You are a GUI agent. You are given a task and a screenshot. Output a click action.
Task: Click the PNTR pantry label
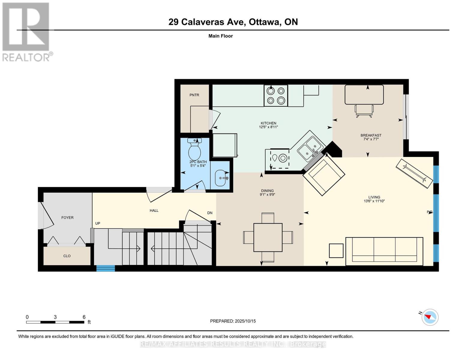194,95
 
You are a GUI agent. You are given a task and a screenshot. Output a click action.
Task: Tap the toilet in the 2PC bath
194,149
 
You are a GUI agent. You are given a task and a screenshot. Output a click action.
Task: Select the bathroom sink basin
221,178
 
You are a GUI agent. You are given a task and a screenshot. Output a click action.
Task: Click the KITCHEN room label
268,123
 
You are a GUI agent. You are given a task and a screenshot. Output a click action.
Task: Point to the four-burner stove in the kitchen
275,95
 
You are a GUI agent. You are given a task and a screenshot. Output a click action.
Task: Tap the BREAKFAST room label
371,135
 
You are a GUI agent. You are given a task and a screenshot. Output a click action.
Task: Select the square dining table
268,237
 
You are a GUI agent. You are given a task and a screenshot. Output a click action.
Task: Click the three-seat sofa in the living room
384,251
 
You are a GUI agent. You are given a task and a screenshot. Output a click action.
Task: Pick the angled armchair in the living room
323,175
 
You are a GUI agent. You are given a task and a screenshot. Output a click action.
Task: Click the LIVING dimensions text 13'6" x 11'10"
374,201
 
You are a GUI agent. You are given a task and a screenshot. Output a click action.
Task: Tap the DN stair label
210,213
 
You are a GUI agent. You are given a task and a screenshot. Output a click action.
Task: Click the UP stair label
98,223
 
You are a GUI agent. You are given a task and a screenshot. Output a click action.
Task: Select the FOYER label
67,217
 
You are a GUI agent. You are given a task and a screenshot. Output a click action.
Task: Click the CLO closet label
67,256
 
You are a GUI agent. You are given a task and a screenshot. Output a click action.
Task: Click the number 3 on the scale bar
55,317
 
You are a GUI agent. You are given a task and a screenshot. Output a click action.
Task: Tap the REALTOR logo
27,32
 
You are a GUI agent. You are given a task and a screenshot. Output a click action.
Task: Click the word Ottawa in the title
265,22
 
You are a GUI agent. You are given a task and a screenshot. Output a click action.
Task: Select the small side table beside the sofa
336,250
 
